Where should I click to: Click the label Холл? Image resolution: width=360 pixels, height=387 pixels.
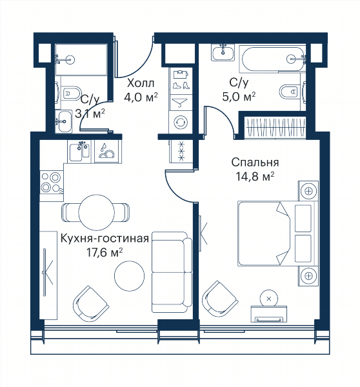point(141,83)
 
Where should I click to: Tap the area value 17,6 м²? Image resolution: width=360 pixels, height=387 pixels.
point(105,252)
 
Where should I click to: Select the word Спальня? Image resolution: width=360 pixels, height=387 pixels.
point(255,163)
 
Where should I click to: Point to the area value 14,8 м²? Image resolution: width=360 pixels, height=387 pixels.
point(255,177)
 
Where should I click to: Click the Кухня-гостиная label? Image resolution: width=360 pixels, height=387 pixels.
point(105,239)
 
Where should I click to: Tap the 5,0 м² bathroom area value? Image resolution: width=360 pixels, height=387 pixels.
point(239,97)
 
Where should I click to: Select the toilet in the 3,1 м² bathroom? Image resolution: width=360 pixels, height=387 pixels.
point(70,92)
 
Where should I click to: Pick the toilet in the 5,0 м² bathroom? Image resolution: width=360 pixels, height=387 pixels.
point(292,92)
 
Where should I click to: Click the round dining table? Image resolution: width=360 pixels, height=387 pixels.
point(97,212)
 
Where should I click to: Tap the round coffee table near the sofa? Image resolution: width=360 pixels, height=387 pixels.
point(130,275)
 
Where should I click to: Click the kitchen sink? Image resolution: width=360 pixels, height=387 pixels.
point(79,152)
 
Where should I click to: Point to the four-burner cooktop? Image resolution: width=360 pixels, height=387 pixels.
point(52,183)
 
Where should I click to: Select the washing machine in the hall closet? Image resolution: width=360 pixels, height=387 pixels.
point(181,122)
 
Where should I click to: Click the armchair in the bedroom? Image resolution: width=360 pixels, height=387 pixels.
point(219,299)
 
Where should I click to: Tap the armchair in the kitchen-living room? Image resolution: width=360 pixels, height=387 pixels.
point(90,304)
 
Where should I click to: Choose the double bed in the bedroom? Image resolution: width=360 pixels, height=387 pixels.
point(277,233)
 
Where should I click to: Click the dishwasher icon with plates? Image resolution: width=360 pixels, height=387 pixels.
point(106,152)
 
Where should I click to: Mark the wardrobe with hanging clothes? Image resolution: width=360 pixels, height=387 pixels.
point(275,127)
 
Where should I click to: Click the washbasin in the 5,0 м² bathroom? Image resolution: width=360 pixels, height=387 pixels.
point(223,52)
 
